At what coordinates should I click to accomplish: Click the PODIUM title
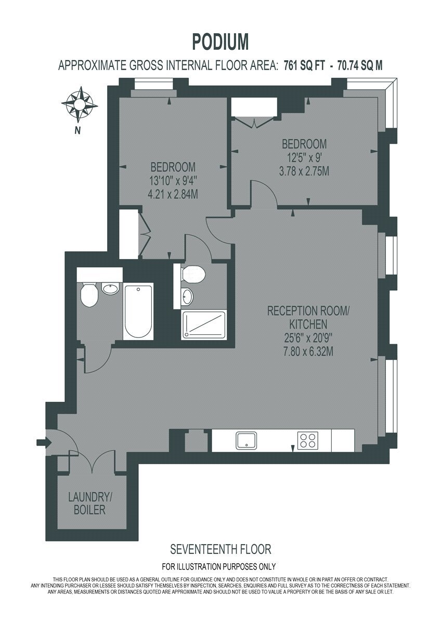click(x=220, y=42)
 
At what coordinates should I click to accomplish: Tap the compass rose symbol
click(x=80, y=105)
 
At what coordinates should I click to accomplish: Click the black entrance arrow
click(x=44, y=442)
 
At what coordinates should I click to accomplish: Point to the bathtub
click(x=138, y=311)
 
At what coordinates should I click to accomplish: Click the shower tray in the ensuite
click(x=204, y=324)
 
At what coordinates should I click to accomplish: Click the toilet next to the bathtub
click(x=89, y=295)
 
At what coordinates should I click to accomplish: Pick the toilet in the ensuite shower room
click(x=193, y=274)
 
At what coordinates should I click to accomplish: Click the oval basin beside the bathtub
click(x=111, y=289)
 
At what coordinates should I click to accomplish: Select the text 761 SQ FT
click(x=304, y=66)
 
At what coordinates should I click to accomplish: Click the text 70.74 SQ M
click(x=360, y=66)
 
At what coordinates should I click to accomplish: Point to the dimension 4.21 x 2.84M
click(x=173, y=194)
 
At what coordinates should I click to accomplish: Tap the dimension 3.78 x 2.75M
click(x=304, y=171)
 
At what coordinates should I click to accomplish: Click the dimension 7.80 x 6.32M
click(x=308, y=352)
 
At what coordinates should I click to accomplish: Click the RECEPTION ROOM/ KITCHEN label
click(x=308, y=317)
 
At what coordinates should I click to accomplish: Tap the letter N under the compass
click(x=77, y=131)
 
